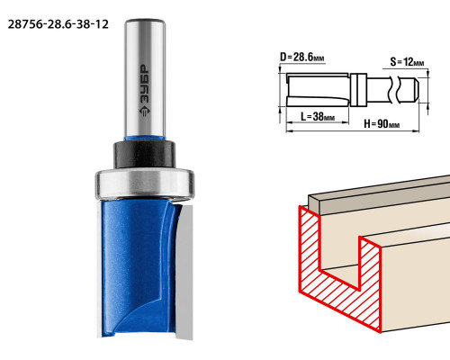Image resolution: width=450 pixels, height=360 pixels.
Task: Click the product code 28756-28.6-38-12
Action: coord(58,24)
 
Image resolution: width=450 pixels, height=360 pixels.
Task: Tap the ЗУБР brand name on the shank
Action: coord(145,85)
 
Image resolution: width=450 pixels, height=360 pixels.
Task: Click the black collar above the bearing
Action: coord(144,154)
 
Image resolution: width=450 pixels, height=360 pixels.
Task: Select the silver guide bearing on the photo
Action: coord(145,184)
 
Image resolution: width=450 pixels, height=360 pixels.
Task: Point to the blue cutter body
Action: coord(137,267)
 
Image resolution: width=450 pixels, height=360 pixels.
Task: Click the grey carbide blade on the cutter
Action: coord(184,272)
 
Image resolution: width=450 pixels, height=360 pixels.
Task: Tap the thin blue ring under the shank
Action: coord(145,139)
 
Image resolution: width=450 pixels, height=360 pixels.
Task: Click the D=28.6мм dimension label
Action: coord(302,57)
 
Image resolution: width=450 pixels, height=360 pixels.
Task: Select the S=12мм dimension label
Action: coord(407,62)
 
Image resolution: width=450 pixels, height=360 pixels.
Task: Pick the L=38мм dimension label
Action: coord(318,116)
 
